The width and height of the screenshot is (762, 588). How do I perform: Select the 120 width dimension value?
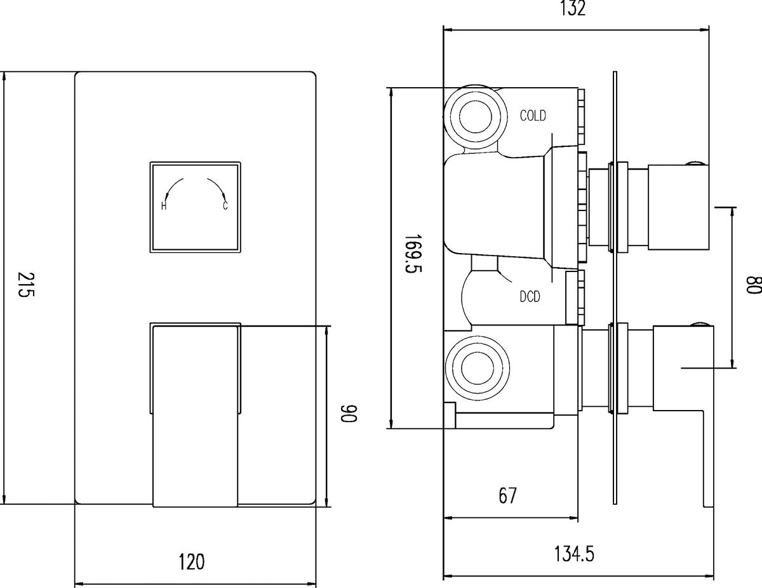[x=192, y=562]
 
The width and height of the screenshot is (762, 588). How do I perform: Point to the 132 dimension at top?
[x=573, y=8]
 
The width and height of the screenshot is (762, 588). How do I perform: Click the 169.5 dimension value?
[x=413, y=253]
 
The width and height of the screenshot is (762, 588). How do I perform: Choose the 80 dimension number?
[x=754, y=285]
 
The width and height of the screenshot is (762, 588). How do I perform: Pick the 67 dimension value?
[x=507, y=495]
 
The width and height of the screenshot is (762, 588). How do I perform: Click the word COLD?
[x=533, y=116]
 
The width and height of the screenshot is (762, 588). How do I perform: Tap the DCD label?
[x=530, y=297]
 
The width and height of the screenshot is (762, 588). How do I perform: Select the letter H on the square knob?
[x=163, y=206]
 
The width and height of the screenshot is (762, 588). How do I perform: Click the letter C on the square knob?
[x=225, y=206]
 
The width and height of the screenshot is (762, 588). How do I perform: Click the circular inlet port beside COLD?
[x=476, y=116]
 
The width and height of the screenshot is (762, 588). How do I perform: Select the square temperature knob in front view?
[x=196, y=207]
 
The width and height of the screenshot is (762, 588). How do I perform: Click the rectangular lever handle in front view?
[x=196, y=416]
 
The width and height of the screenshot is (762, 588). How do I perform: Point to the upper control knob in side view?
[x=678, y=207]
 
